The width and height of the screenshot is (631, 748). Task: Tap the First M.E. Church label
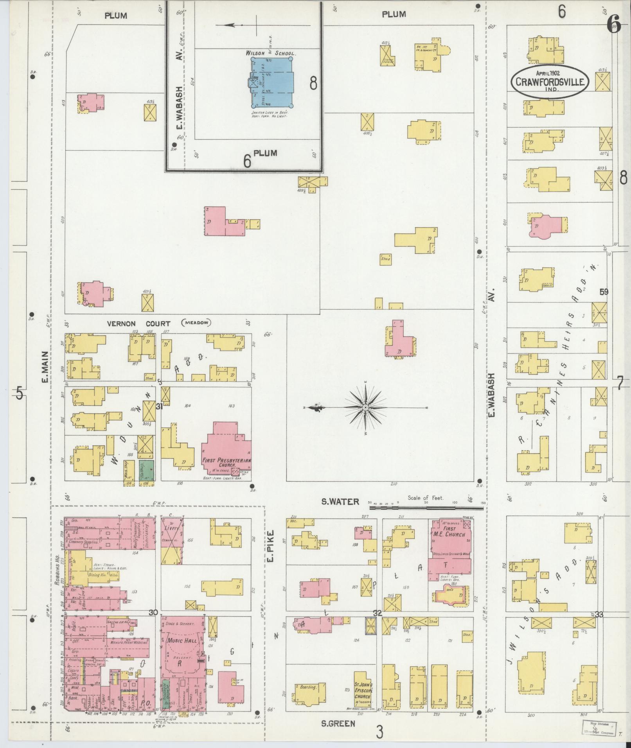click(x=449, y=532)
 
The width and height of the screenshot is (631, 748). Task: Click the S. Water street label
click(x=340, y=502)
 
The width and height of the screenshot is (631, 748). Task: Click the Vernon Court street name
click(x=138, y=324)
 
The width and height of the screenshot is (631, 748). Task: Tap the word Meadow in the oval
click(x=196, y=323)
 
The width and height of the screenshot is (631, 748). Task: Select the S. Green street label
click(x=338, y=724)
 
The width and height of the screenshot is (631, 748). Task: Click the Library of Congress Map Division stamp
click(x=595, y=726)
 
